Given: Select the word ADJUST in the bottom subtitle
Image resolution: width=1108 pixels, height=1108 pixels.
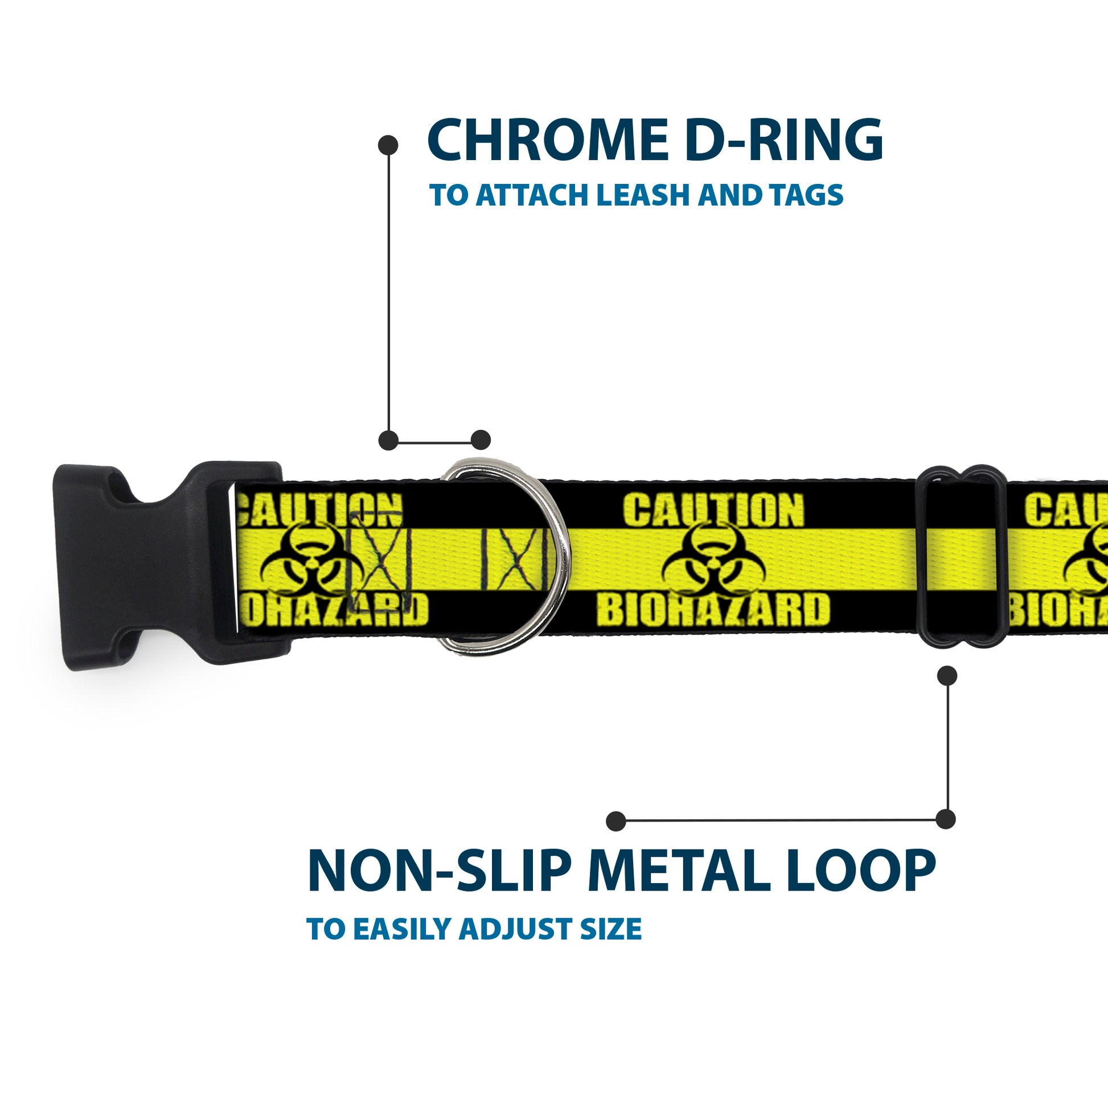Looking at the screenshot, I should pos(517,930).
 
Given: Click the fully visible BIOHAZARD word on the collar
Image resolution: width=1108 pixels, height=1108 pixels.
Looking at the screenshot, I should pos(713,609).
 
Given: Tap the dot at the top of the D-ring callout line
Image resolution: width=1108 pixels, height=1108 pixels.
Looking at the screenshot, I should pos(388,145).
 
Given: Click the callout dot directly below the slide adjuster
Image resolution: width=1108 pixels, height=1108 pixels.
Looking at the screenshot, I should pos(947,676).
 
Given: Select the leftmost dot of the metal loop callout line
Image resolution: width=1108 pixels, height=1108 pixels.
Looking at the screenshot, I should pos(616,820).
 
